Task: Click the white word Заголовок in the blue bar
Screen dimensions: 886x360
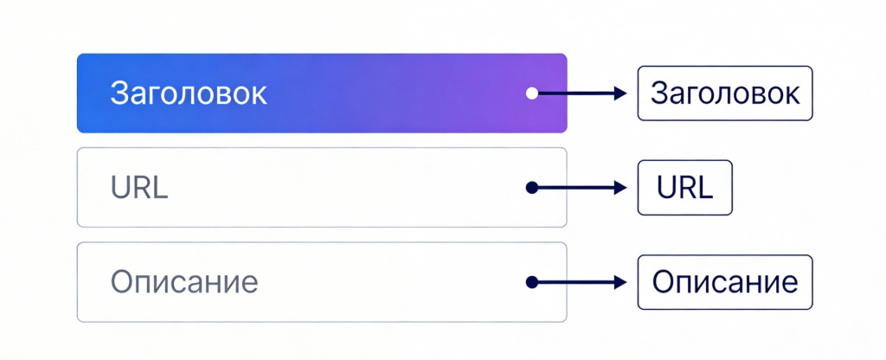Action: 188,93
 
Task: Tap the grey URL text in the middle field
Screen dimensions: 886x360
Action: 139,188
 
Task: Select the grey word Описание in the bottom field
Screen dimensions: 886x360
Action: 184,282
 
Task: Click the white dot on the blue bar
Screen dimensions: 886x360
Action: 532,93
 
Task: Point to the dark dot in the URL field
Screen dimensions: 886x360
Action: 532,188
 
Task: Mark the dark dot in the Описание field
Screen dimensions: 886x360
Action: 532,282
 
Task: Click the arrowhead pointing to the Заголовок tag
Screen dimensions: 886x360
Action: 620,93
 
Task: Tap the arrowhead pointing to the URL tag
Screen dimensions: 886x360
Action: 620,188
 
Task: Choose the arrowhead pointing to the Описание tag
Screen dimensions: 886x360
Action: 620,282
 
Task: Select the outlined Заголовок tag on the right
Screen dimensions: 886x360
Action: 725,93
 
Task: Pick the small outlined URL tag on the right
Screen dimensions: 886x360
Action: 685,188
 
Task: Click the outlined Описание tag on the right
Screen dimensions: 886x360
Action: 725,282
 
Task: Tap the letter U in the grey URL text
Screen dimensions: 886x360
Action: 121,188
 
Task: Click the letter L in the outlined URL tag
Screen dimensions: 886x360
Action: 706,188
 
